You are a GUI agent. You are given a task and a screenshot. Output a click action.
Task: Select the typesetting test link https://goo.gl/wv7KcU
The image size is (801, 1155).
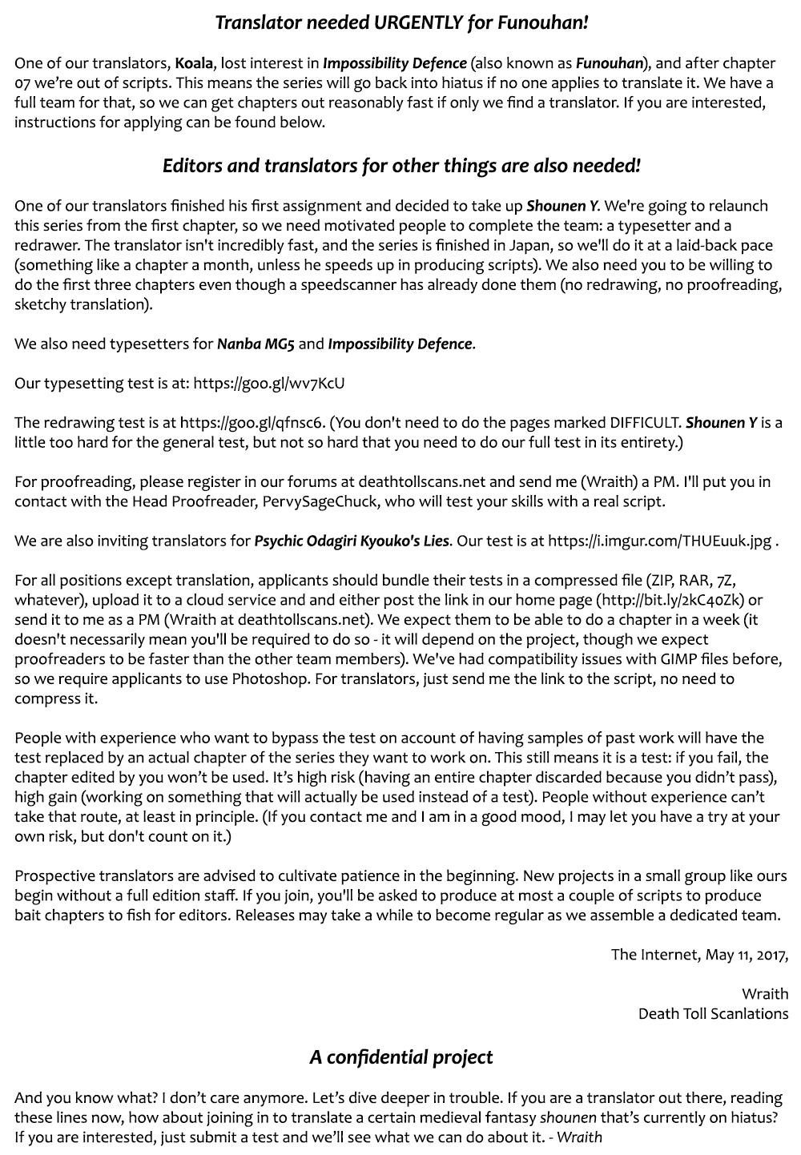269,383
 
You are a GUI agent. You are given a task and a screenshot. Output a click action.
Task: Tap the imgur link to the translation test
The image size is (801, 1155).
660,541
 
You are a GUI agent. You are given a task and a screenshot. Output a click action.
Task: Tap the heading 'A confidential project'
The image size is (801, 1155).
400,1057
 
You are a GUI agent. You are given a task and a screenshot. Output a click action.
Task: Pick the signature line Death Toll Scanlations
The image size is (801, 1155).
713,1013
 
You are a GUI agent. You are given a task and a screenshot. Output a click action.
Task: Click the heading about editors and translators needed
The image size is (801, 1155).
401,166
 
